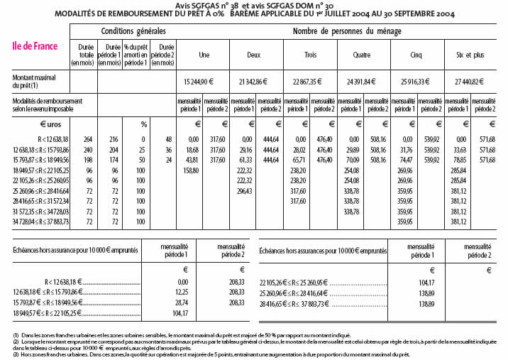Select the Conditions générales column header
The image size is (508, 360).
pyautogui.click(x=133, y=31)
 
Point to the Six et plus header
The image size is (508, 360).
pyautogui.click(x=468, y=55)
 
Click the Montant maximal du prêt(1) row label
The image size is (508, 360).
pyautogui.click(x=34, y=80)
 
